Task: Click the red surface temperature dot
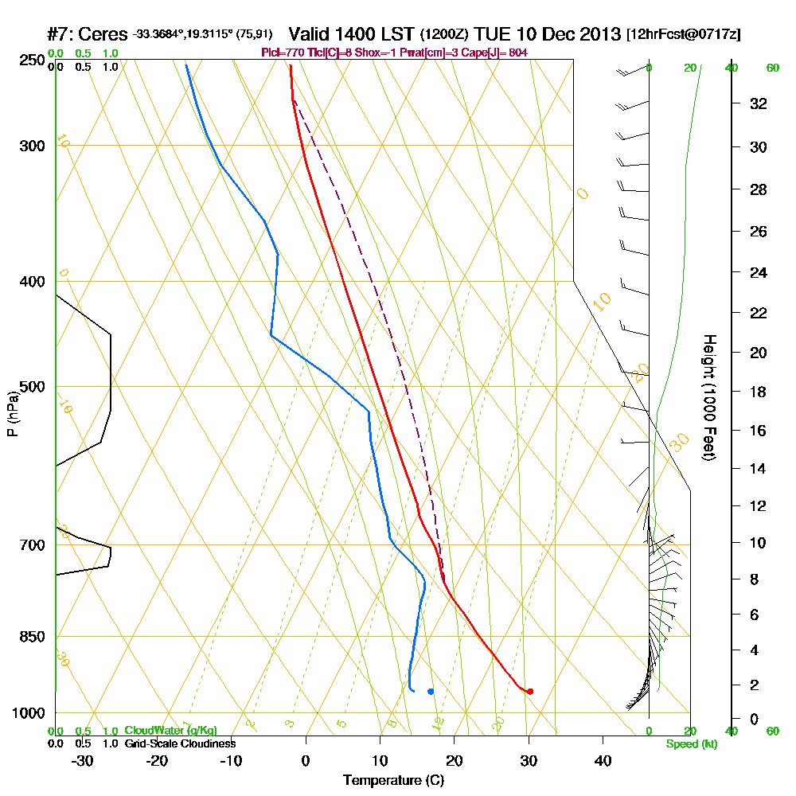[530, 691]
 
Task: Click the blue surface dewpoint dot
[431, 691]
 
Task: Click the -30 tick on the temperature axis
[83, 760]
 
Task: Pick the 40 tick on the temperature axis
[603, 760]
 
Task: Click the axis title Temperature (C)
[394, 781]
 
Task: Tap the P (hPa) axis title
[12, 413]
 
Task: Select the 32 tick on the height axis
[758, 103]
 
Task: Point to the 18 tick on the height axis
[758, 392]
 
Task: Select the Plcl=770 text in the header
[282, 53]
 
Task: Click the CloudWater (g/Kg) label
[170, 731]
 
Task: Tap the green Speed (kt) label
[691, 743]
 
